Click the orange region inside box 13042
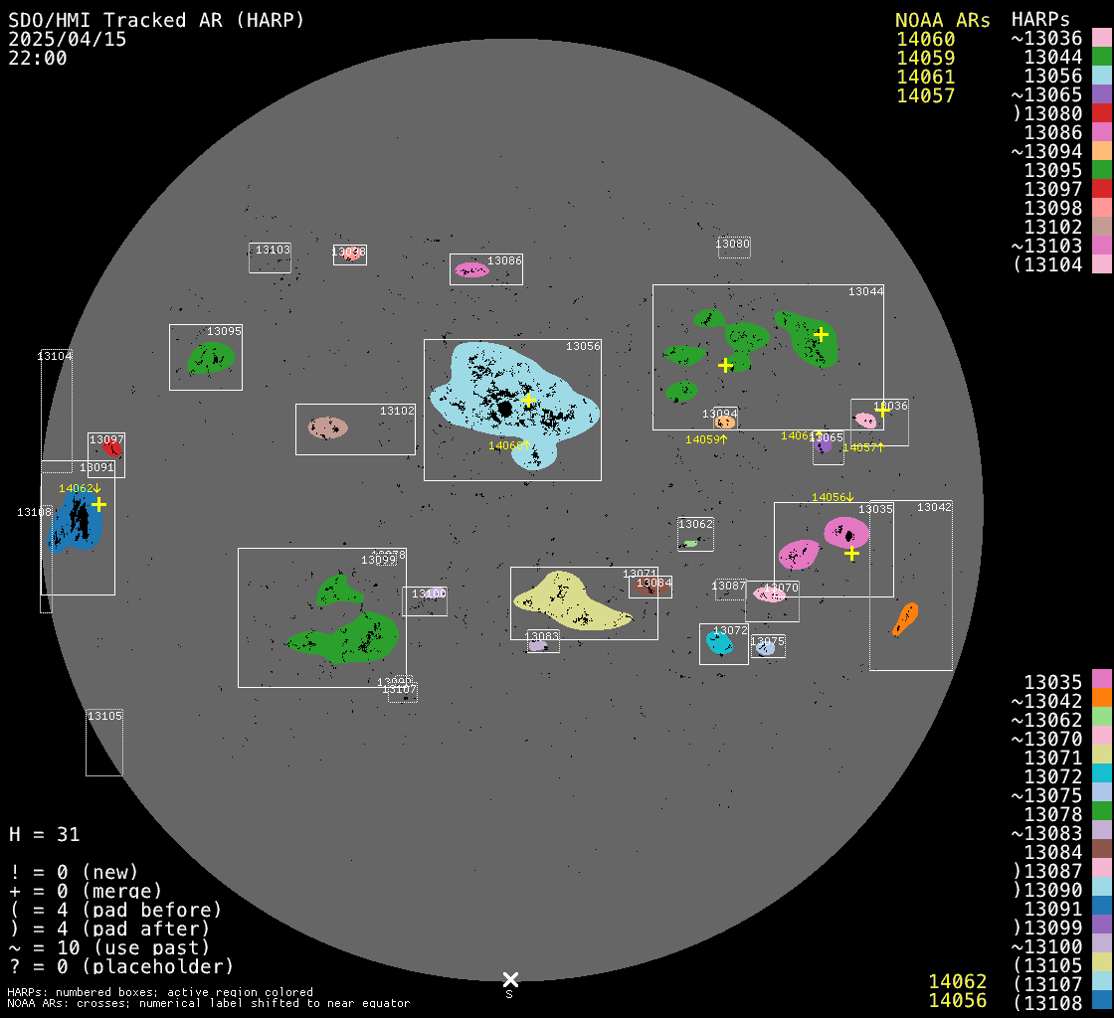pyautogui.click(x=905, y=618)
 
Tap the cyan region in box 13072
pyautogui.click(x=719, y=642)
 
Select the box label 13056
pyautogui.click(x=583, y=346)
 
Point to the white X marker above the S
pyautogui.click(x=510, y=979)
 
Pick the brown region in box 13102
pyautogui.click(x=326, y=427)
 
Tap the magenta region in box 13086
pyautogui.click(x=471, y=269)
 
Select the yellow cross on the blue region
pyautogui.click(x=98, y=505)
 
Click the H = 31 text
pyautogui.click(x=44, y=834)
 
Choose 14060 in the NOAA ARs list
pyautogui.click(x=925, y=39)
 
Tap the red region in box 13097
pyautogui.click(x=111, y=448)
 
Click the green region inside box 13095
pyautogui.click(x=212, y=358)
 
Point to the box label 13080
pyautogui.click(x=733, y=244)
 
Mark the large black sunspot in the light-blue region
pyautogui.click(x=505, y=409)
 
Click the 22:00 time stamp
pyautogui.click(x=38, y=58)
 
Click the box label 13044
pyautogui.click(x=865, y=291)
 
